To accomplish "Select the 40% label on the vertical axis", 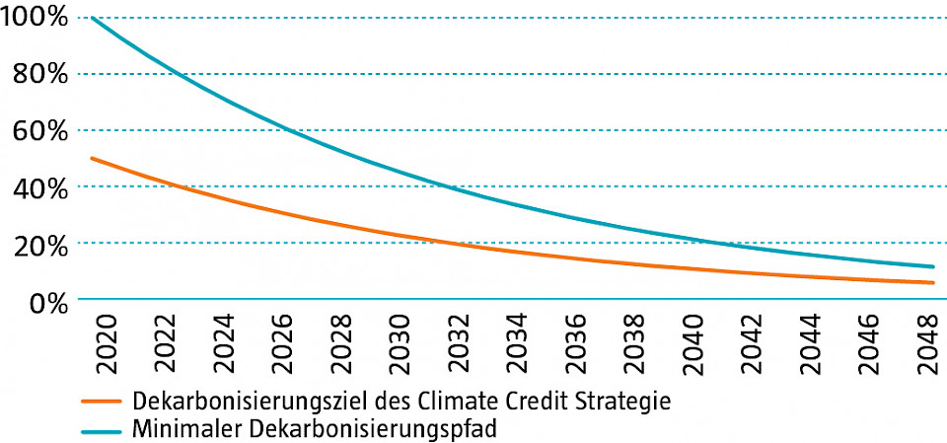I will (x=40, y=186).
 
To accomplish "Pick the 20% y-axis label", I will (x=40, y=243).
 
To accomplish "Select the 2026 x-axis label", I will (x=285, y=342).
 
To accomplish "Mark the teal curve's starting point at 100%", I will (x=91, y=18).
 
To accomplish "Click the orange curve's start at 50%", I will (x=91, y=158).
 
